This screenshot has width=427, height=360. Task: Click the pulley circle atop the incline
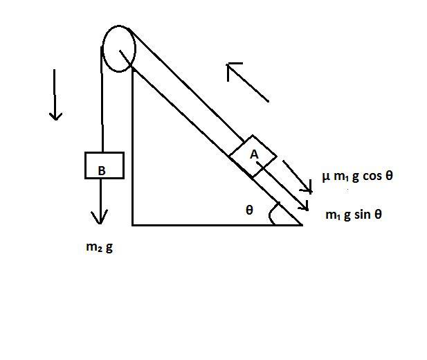point(135,49)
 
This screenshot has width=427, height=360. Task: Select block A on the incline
point(253,156)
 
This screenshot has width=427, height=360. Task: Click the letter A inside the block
point(254,154)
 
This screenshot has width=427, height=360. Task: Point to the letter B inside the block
point(102,170)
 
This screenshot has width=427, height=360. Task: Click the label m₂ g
point(99,247)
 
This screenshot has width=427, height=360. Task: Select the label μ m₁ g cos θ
point(358,176)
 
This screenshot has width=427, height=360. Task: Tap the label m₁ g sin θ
point(354,215)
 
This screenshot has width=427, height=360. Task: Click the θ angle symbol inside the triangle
point(249,210)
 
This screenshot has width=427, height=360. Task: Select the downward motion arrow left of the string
point(55,95)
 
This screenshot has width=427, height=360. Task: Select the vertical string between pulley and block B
point(102,100)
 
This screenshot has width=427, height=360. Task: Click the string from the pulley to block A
point(186,85)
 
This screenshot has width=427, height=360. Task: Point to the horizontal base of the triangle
point(217,225)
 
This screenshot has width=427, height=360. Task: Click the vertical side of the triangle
point(133,146)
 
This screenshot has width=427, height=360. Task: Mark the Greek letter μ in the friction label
point(326,177)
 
